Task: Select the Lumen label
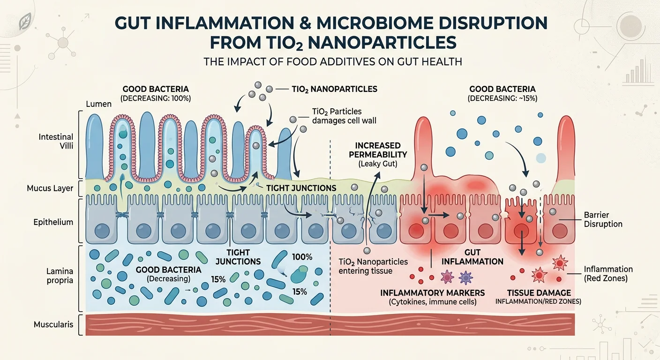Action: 99,104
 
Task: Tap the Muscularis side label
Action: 53,324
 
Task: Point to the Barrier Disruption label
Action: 603,219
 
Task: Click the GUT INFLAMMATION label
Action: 472,257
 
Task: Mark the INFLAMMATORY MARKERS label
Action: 432,293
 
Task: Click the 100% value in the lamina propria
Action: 302,257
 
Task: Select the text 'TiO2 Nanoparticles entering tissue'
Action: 374,266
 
